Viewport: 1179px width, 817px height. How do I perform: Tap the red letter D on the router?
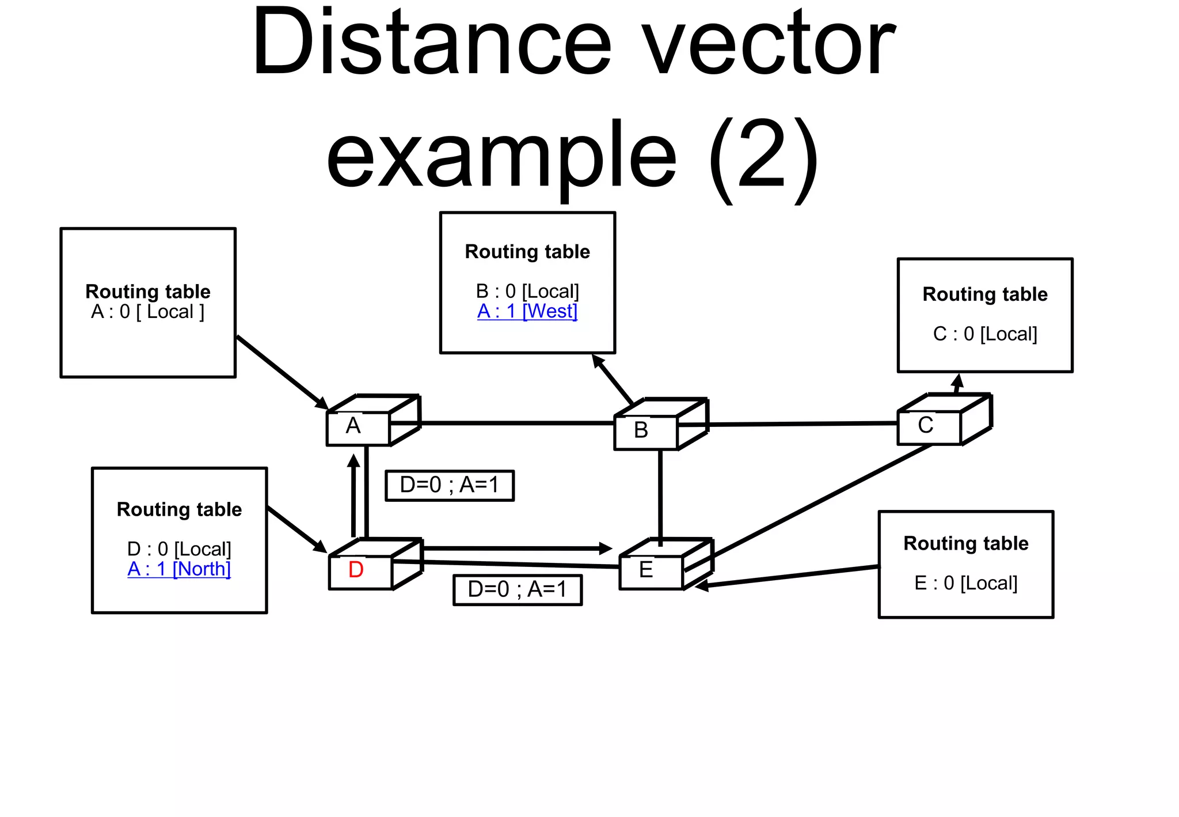coord(356,570)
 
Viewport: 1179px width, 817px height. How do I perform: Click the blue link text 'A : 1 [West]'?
coord(527,311)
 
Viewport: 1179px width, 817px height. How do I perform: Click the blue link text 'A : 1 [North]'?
coord(179,569)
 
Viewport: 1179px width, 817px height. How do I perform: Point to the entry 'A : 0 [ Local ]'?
coord(148,312)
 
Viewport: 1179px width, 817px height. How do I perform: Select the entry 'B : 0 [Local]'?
coord(527,291)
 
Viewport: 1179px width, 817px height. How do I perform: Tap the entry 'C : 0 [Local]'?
coord(985,334)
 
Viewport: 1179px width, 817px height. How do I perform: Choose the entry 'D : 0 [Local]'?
coord(179,549)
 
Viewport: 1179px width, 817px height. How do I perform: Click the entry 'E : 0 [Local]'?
coord(965,583)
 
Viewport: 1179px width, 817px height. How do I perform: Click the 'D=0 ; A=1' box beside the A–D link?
coord(449,485)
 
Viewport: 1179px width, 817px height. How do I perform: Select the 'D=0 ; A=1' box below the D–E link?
coord(517,589)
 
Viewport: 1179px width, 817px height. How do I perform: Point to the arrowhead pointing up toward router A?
coord(354,460)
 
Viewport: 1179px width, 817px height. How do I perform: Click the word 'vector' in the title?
coord(769,43)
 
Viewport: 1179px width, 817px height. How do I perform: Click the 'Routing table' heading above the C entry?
coord(985,294)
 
